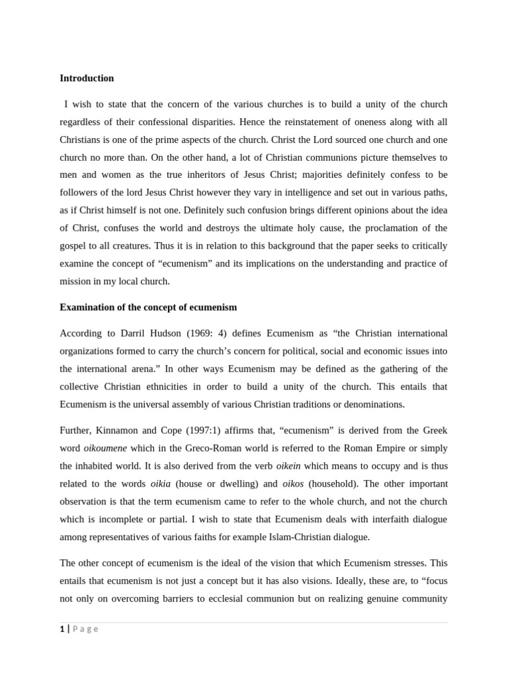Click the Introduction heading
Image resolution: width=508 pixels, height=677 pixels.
tap(87, 78)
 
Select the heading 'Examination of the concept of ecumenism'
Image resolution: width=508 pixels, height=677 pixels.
tap(148, 307)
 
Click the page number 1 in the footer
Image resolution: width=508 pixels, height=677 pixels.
tap(62, 629)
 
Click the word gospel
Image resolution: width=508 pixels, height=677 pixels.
tap(74, 246)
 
